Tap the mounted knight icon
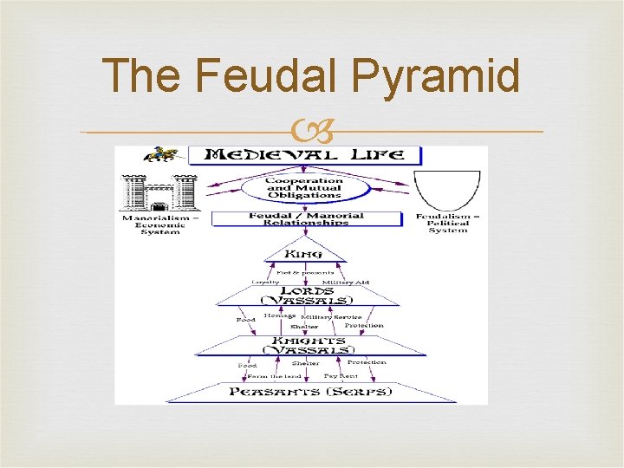point(161,154)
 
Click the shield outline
point(447,191)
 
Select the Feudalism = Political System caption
point(448,224)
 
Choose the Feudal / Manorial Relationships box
point(306,218)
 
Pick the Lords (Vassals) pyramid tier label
point(307,294)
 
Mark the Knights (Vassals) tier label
point(309,344)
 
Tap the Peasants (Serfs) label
point(310,392)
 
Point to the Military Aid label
point(344,282)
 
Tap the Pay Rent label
point(341,376)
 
